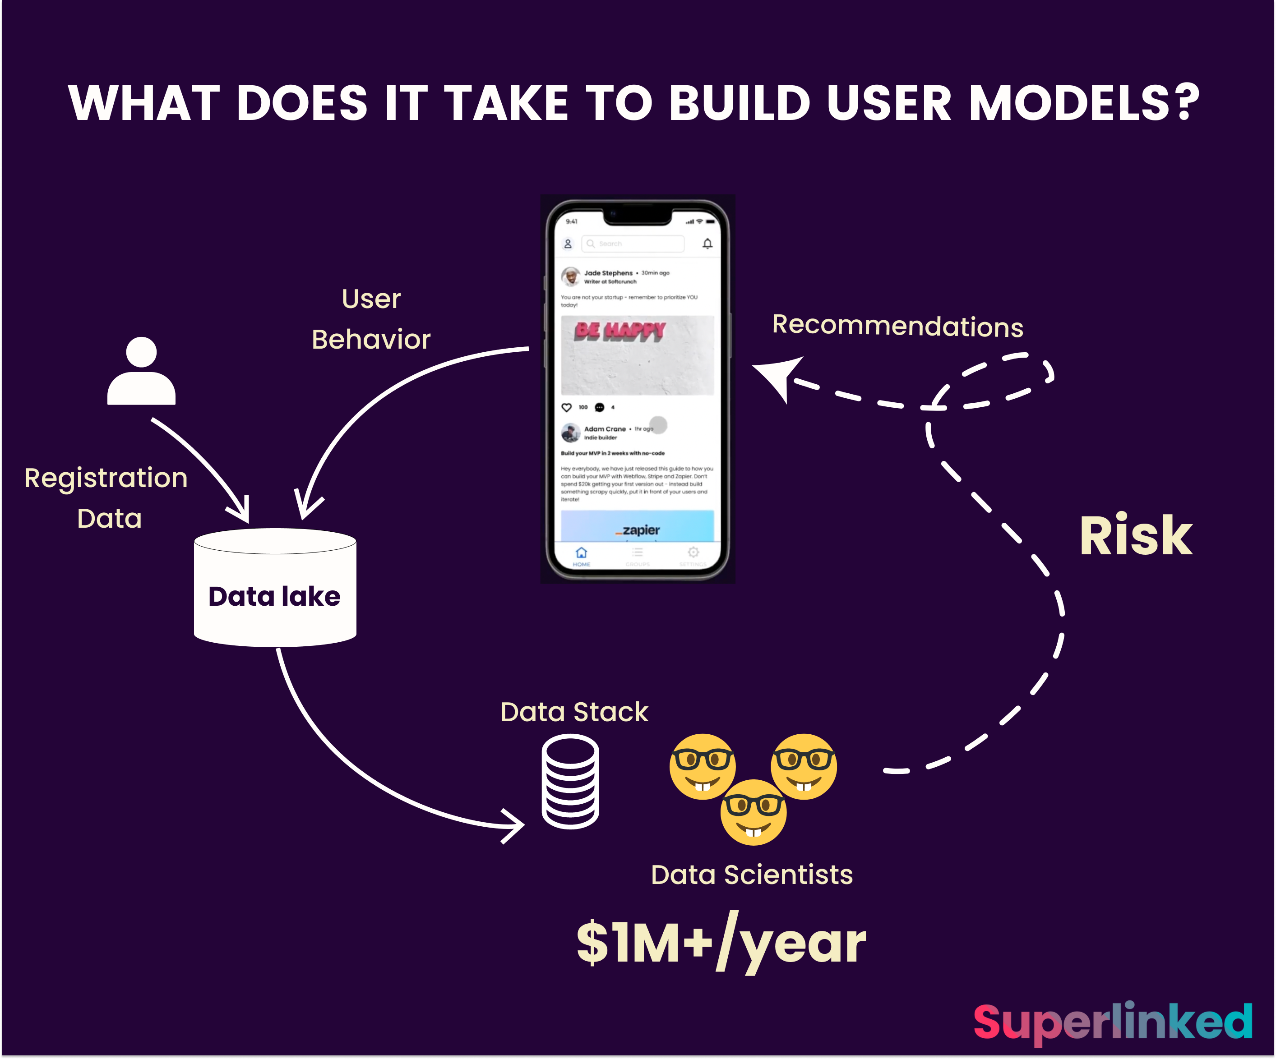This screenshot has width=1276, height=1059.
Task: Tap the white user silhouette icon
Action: point(142,371)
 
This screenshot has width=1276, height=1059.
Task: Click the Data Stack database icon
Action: point(570,782)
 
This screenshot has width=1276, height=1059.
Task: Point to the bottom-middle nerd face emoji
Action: point(754,812)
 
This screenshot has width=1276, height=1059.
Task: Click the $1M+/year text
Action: point(721,943)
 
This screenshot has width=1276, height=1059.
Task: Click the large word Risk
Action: point(1136,536)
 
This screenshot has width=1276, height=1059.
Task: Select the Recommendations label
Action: point(897,326)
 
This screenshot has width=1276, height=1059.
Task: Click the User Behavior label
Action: point(370,319)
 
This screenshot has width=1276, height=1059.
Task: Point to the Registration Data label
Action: point(106,498)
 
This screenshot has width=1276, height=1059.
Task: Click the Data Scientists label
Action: point(752,875)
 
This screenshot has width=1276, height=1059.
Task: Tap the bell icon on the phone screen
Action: point(707,244)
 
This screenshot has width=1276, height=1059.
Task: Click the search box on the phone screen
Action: point(633,244)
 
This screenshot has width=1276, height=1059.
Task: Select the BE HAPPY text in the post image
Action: point(620,331)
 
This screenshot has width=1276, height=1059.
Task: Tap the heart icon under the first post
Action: point(566,407)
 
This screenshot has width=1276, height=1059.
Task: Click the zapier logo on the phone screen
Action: point(639,530)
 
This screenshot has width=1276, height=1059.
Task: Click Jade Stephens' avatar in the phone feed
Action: point(570,277)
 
